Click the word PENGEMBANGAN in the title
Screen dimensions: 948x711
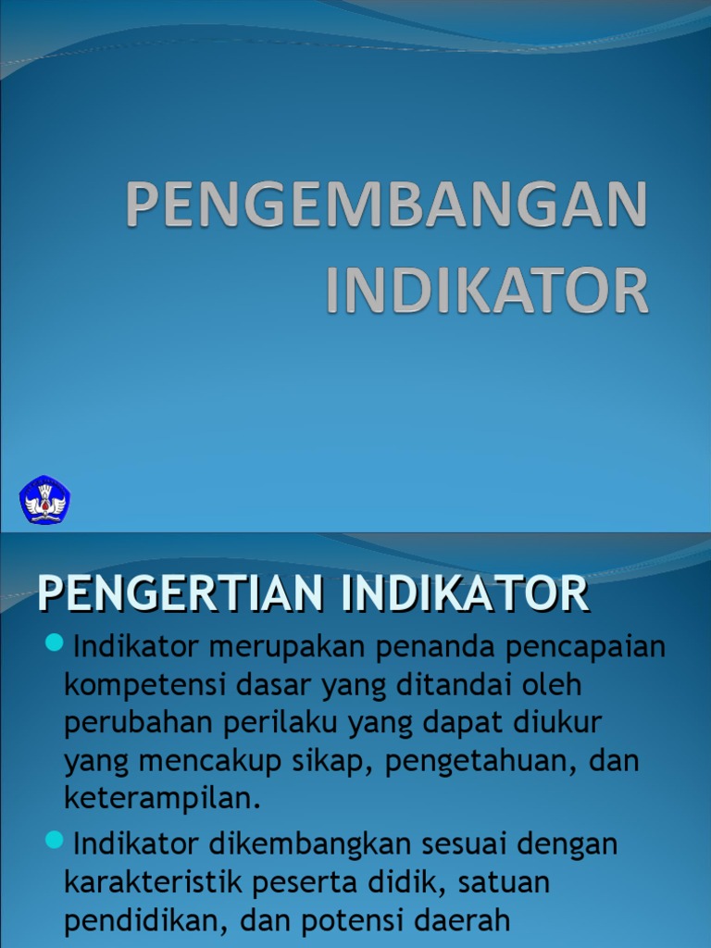[386, 205]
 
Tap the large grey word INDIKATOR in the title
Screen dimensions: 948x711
[487, 291]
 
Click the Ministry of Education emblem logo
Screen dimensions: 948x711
[44, 500]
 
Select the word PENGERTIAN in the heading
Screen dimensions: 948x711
[181, 594]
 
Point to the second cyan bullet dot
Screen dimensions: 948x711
[54, 840]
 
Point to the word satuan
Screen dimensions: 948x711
[507, 883]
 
